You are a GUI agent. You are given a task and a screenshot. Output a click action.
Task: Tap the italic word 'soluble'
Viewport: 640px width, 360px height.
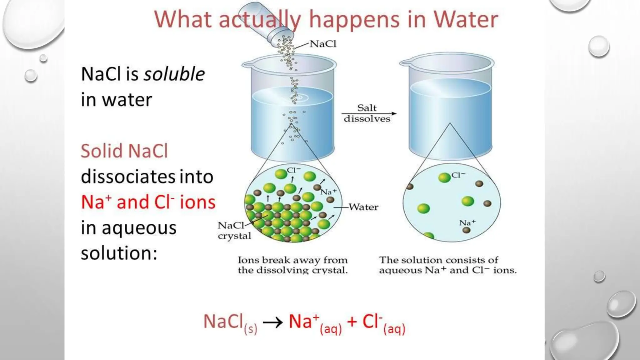[174, 74]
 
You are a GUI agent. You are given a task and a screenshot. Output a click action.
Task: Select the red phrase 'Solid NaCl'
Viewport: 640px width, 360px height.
[124, 151]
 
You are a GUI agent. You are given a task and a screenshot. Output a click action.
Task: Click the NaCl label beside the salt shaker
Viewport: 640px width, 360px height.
[323, 44]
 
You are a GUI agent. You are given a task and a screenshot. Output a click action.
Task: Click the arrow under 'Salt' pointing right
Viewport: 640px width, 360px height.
[369, 113]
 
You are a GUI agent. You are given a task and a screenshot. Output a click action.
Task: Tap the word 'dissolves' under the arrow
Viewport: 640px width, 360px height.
[367, 119]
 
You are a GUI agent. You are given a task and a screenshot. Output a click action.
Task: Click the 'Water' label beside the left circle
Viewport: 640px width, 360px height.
[363, 207]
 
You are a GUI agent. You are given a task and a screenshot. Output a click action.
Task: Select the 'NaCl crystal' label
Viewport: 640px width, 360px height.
[234, 231]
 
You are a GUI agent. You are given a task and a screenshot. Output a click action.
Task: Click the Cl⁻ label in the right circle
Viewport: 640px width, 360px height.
[458, 175]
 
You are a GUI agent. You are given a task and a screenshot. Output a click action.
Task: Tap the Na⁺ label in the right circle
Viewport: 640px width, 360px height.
[467, 222]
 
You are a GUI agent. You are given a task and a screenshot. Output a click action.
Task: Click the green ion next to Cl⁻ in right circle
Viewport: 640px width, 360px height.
[444, 177]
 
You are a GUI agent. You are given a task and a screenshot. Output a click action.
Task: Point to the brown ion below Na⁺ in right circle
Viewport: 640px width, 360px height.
[466, 230]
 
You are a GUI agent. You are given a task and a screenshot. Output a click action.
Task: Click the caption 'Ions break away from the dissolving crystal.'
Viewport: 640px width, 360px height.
[292, 265]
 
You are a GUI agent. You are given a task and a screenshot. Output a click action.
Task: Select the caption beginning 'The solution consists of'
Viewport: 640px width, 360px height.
[447, 265]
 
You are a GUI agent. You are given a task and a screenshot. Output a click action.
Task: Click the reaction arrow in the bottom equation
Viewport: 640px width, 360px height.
[272, 322]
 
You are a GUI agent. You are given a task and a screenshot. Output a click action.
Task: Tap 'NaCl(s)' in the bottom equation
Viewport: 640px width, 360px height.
[230, 322]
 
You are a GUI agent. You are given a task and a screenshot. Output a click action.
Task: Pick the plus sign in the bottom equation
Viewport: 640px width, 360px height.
[352, 322]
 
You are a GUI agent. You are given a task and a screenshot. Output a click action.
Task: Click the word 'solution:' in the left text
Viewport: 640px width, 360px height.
[119, 253]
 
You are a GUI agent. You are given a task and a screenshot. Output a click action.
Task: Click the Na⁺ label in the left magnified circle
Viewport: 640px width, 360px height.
[328, 192]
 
